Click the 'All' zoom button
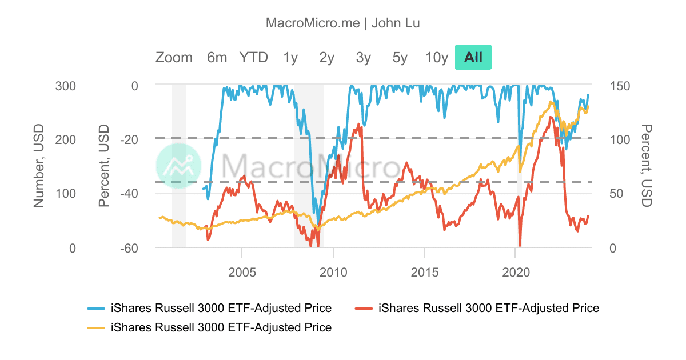coord(473,57)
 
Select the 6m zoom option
coord(217,57)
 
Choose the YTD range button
coord(253,57)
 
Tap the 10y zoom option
coord(436,57)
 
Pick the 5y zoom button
coord(400,57)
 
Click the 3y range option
coord(363,57)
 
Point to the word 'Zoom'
coord(174,57)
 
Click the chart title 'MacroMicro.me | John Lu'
coord(343,23)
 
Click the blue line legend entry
coord(209,308)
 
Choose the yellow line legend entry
coord(209,327)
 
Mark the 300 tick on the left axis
coord(66,85)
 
